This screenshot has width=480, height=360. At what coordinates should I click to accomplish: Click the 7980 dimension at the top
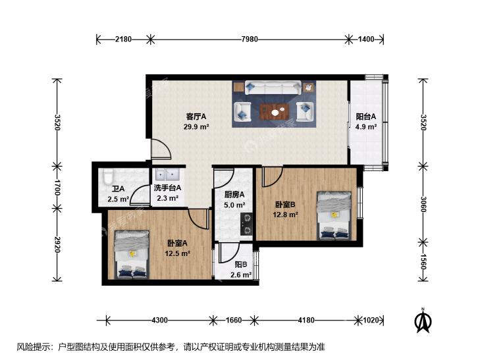pos(250,39)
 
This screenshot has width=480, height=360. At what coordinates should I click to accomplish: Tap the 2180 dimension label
pos(123,39)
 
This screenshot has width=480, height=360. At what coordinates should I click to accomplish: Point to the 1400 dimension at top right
pos(366,39)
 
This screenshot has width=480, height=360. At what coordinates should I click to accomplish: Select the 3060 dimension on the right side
pos(423,204)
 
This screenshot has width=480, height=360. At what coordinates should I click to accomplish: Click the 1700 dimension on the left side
pos(57,188)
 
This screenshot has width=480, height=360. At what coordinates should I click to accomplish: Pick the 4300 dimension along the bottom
pos(159,321)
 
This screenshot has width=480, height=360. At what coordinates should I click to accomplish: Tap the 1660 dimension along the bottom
pos(234,321)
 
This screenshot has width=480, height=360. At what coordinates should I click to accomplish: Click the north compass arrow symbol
pos(423,321)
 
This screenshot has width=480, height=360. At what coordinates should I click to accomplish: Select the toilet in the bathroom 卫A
pos(108,177)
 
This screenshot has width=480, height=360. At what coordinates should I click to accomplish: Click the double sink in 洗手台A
pos(167,174)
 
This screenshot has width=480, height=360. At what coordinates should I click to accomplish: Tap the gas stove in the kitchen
pos(246,224)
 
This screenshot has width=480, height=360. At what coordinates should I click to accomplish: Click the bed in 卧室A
pos(132,255)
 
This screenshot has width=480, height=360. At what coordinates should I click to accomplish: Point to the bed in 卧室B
pos(334,216)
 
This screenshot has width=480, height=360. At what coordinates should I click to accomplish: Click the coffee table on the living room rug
pos(275,111)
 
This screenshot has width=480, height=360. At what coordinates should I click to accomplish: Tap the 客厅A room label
pos(196,116)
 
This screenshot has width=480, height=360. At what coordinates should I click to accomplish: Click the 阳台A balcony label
pos(366,116)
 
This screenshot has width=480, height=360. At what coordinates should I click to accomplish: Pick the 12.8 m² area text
pos(285,215)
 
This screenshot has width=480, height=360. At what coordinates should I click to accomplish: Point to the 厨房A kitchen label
pos(234,194)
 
